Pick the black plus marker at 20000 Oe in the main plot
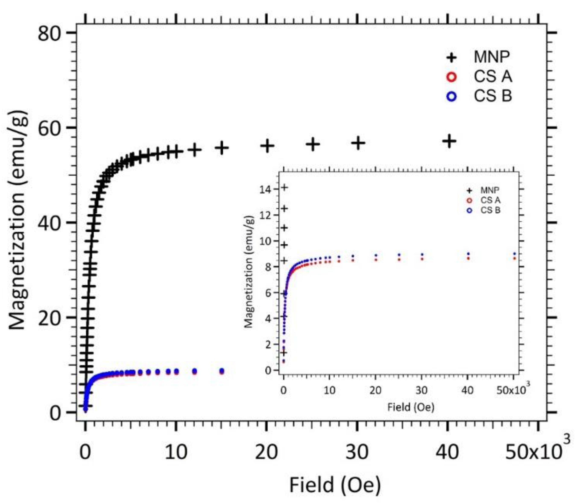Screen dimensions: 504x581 [267, 146]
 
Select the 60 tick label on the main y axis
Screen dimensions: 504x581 [50, 128]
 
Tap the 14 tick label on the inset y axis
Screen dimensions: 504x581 [265, 190]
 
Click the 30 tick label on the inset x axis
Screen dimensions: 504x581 [421, 390]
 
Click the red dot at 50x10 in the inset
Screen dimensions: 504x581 [515, 258]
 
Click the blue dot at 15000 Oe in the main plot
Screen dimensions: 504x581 [222, 370]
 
